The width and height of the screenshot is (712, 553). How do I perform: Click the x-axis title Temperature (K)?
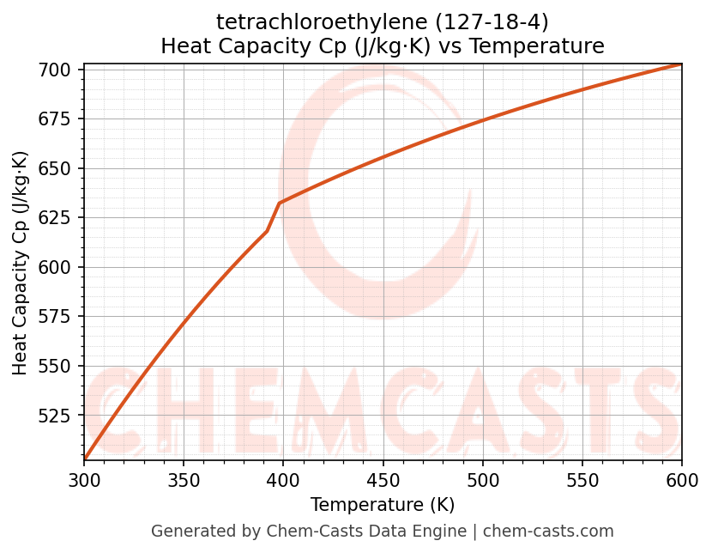pyautogui.click(x=383, y=505)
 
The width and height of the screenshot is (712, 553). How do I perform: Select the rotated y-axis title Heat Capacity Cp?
pyautogui.click(x=21, y=263)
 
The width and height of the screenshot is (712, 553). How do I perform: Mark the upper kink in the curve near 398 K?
pyautogui.click(x=280, y=204)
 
